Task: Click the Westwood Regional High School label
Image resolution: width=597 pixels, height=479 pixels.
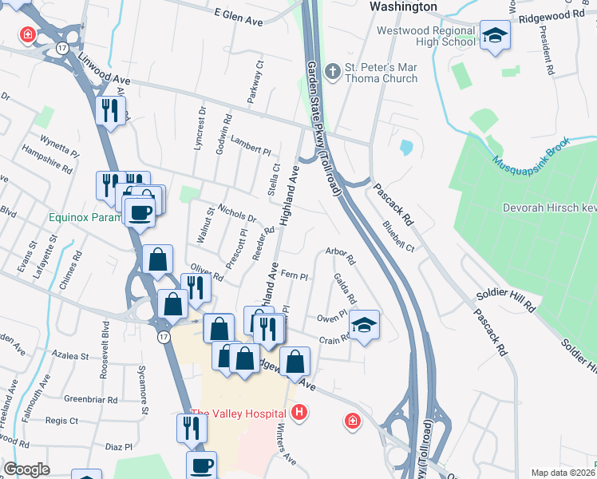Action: pos(425,37)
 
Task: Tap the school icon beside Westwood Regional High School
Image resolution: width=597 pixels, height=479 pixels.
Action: pos(495,35)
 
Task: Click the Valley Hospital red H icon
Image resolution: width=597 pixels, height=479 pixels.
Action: pos(299,413)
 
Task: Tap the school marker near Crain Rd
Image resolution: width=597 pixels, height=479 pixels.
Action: pos(364,323)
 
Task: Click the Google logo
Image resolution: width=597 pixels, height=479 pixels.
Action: pos(27,469)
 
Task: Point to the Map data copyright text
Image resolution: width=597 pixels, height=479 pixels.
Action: pos(563,473)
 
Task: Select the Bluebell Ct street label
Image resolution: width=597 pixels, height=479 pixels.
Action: pos(398,237)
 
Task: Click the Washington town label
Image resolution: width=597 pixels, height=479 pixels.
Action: pos(404,6)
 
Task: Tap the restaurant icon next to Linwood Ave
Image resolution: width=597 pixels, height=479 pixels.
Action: pos(110,109)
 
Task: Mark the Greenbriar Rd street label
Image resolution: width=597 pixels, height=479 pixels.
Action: pos(91,399)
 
